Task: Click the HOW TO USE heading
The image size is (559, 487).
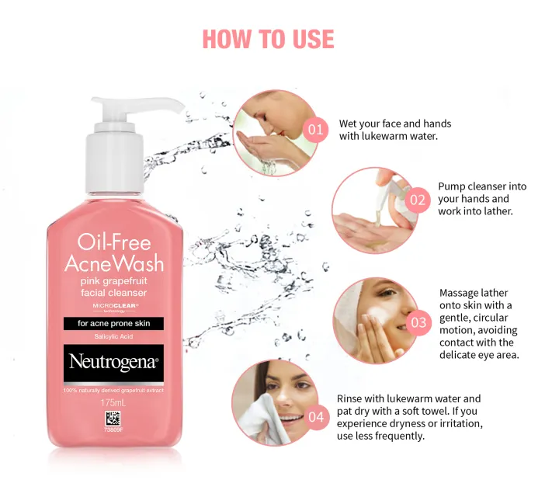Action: pyautogui.click(x=268, y=38)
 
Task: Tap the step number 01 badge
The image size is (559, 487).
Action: pyautogui.click(x=315, y=129)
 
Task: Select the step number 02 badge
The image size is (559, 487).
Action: pyautogui.click(x=418, y=200)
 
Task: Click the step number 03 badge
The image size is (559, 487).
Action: pyautogui.click(x=418, y=322)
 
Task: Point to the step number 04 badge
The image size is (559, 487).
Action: pyautogui.click(x=316, y=417)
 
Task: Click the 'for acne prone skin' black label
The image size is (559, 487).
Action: pyautogui.click(x=114, y=323)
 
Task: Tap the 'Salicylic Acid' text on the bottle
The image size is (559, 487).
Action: pyautogui.click(x=113, y=336)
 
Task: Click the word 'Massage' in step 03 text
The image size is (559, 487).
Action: pyautogui.click(x=463, y=293)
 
